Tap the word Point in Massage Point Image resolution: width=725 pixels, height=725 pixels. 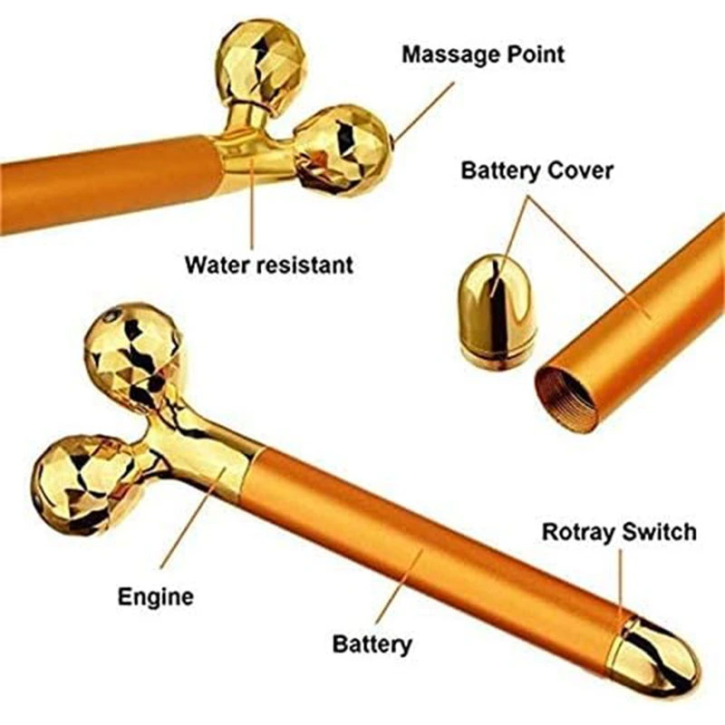coord(536,53)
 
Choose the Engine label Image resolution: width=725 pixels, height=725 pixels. coord(156,597)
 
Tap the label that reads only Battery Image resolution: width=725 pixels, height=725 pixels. coord(372,644)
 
